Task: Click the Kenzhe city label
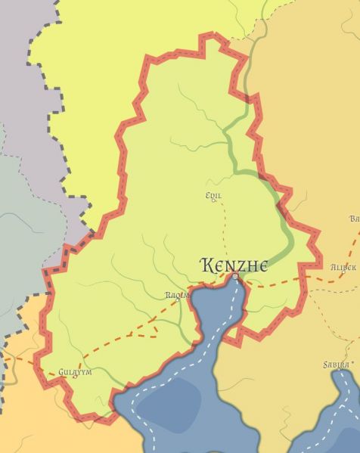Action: pos(234,265)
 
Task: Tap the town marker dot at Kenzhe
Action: pos(234,277)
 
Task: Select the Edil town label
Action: pos(213,196)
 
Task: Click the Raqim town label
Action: pos(177,295)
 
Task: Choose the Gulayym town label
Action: pos(75,372)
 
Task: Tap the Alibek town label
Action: pos(343,268)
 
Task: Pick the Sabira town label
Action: pos(337,365)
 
